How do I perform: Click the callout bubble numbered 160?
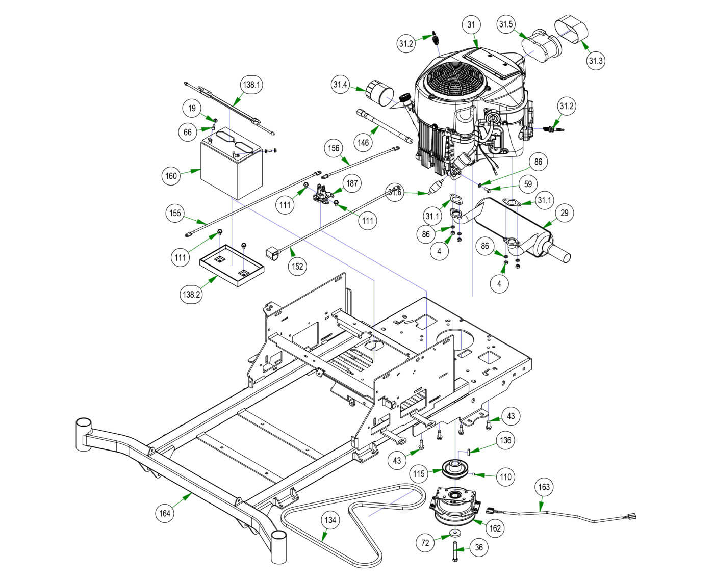click(171, 176)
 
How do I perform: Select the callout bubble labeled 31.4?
click(341, 85)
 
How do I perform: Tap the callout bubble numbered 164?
click(165, 513)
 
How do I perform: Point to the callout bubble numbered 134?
click(330, 520)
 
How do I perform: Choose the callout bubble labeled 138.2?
click(190, 294)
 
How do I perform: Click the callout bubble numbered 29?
click(564, 213)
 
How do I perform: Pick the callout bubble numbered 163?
click(544, 487)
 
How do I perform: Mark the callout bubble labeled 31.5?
click(506, 24)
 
